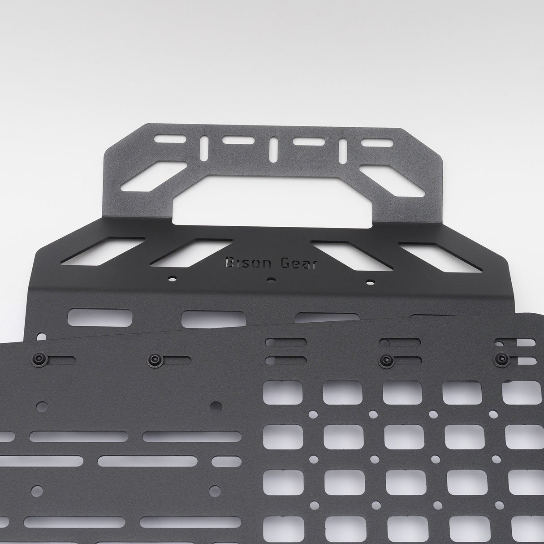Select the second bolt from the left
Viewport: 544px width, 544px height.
click(154, 359)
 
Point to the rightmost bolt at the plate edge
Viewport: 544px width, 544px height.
click(501, 359)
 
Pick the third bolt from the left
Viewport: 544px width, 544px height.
click(385, 359)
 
